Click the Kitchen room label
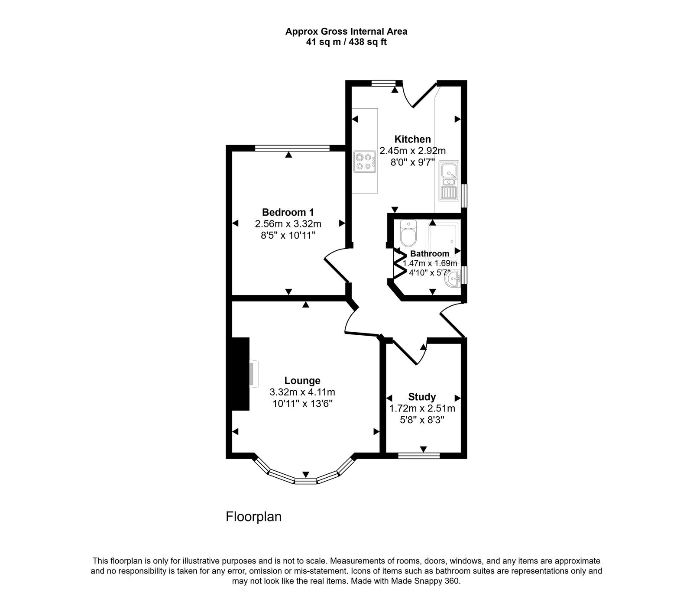(x=412, y=139)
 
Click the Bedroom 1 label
(x=288, y=212)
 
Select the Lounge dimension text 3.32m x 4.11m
(x=302, y=392)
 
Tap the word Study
(x=422, y=397)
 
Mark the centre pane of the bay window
(x=306, y=480)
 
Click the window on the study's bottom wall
(x=419, y=455)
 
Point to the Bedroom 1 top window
(x=292, y=148)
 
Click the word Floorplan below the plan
(x=253, y=517)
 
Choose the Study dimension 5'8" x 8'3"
(x=422, y=420)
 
